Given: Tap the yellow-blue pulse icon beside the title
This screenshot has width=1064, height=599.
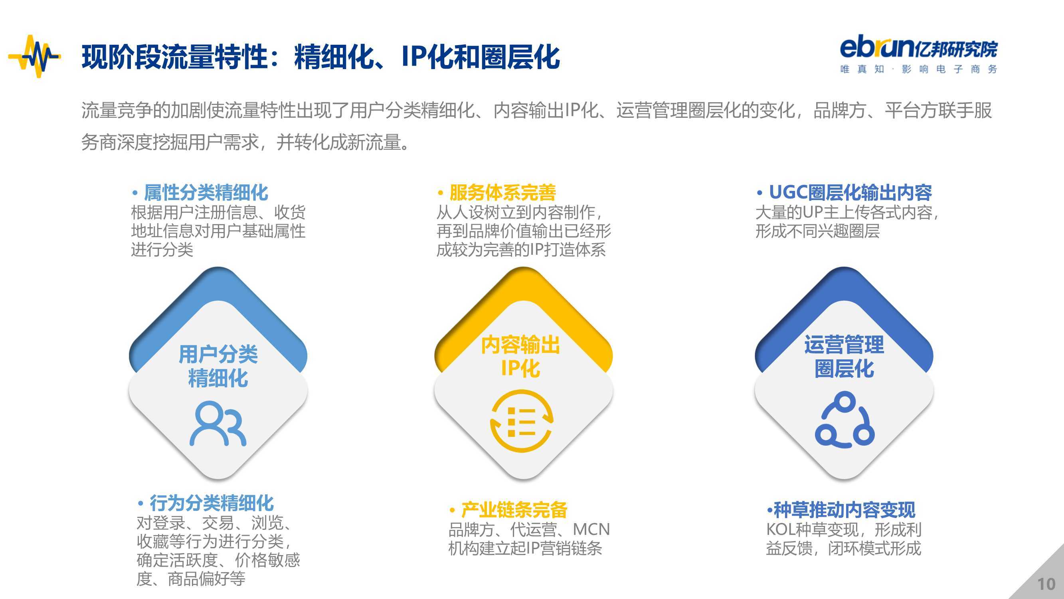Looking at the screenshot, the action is coord(35,56).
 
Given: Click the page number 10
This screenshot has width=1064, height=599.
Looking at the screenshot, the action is coord(1046,584).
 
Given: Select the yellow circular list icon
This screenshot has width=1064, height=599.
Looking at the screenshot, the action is coord(521,421).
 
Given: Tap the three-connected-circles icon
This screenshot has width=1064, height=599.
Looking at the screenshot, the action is coord(844,419).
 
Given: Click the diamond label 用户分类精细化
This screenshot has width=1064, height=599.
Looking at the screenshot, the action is coord(218,366).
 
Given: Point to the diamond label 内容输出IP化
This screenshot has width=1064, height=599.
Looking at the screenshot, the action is coord(520,356).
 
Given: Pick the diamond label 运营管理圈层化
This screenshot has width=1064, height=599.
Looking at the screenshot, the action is coord(844,356).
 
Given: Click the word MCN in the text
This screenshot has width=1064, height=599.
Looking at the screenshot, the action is coord(591,530).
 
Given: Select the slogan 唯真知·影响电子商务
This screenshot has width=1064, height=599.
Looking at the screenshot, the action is coord(919,69).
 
